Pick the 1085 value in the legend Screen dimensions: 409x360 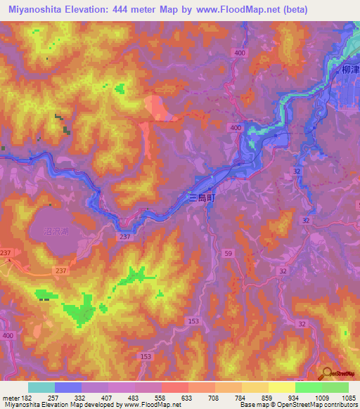point(348,398)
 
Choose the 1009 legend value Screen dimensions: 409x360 point(321,398)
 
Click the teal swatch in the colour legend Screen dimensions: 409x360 point(41,387)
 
